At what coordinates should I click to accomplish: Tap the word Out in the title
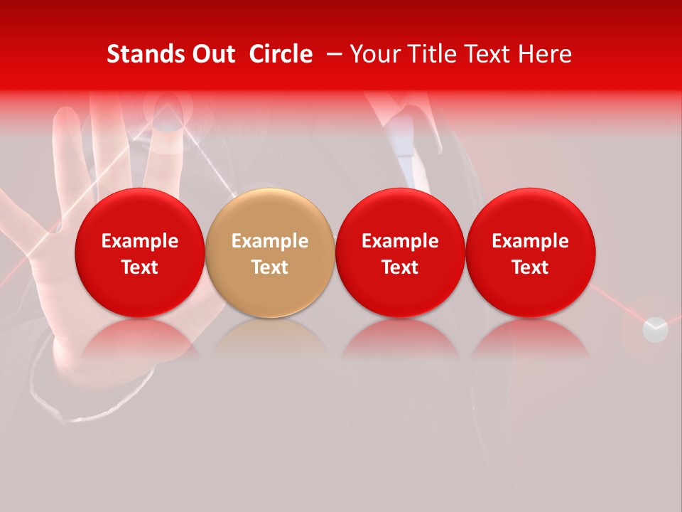(212, 54)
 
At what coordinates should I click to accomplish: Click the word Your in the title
(372, 54)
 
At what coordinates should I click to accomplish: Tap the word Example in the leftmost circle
(140, 241)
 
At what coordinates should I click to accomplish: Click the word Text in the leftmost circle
(140, 267)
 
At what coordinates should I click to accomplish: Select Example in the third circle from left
(400, 241)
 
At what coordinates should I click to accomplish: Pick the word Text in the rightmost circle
(530, 267)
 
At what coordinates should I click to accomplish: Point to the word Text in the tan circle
(270, 267)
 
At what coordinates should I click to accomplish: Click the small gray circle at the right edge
(655, 329)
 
